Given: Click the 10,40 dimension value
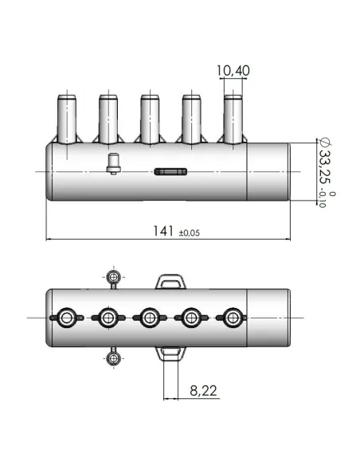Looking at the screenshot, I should (233, 71).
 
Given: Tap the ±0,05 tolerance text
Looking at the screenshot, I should (190, 232).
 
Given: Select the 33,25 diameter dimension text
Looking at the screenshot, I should (325, 170).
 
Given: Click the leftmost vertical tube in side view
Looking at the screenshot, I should (66, 118).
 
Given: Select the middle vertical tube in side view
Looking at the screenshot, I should (149, 118).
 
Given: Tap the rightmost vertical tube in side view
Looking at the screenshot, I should (233, 118).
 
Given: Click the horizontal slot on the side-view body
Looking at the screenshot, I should (171, 170).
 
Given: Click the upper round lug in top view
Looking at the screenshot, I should (115, 278).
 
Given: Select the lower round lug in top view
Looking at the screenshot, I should (115, 358).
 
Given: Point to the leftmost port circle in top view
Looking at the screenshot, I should (66, 318).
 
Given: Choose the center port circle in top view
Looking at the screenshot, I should (149, 318).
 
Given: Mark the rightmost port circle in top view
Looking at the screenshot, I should (232, 318).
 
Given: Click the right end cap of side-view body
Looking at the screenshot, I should (268, 171).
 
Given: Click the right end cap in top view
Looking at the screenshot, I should (268, 318).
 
